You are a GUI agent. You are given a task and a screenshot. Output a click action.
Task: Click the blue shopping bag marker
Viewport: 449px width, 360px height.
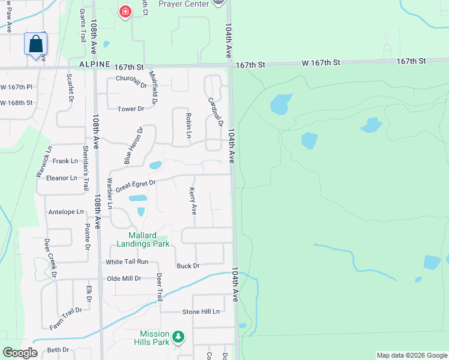coord(36,44)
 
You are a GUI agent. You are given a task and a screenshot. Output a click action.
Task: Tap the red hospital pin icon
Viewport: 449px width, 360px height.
coord(125,11)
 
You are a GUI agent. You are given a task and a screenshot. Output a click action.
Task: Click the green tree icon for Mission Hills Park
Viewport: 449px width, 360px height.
coord(178,338)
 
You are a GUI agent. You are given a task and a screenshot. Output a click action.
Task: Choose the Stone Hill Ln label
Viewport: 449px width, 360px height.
coord(201,311)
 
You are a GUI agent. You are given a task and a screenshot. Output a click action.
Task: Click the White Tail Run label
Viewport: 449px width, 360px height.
coord(127,262)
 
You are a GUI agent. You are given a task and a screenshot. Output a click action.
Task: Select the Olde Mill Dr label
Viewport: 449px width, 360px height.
coord(124,278)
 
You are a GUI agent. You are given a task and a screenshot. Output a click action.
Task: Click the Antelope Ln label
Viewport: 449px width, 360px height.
coord(66,212)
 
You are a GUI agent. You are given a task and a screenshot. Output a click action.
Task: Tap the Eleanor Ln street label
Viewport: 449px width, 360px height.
coord(62,178)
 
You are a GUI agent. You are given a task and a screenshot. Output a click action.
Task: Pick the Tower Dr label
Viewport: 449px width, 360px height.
coord(131,109)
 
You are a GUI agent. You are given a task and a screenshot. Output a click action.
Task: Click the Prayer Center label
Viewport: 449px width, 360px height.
coord(184,4)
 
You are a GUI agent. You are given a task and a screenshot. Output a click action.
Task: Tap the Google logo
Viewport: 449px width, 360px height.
coord(20,353)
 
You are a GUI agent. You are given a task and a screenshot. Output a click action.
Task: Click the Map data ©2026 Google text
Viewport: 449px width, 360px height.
coord(411,355)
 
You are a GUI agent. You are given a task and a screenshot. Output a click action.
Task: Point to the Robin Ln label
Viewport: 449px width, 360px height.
coord(188,125)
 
